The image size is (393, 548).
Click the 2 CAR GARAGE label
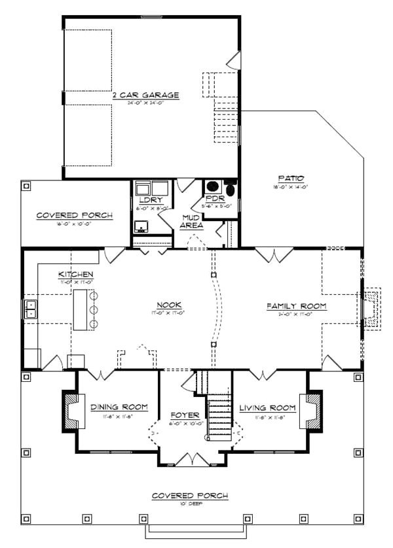pyautogui.click(x=145, y=95)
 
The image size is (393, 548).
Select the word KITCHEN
pyautogui.click(x=75, y=274)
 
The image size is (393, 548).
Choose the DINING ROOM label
pyautogui.click(x=119, y=407)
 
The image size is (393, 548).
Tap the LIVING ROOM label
pyautogui.click(x=267, y=408)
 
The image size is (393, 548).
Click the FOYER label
pyautogui.click(x=181, y=415)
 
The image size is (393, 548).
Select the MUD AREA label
pyautogui.click(x=192, y=222)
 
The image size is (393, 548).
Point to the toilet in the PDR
pyautogui.click(x=230, y=185)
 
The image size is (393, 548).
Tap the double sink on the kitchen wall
pyautogui.click(x=30, y=309)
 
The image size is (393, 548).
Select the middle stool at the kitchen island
pyautogui.click(x=93, y=309)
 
